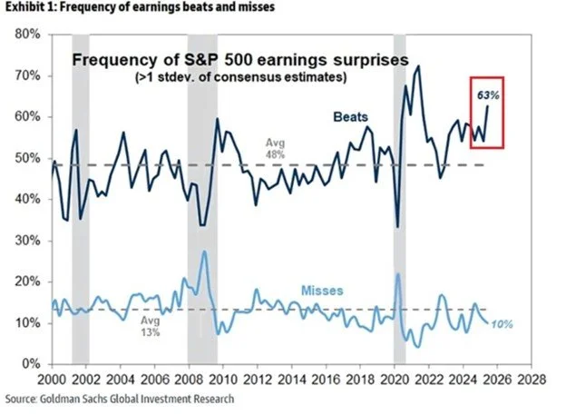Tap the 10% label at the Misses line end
[x=503, y=324]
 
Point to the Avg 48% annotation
[x=275, y=149]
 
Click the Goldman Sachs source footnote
[x=118, y=399]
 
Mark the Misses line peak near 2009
[x=205, y=251]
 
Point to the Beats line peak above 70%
[x=418, y=65]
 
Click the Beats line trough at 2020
[x=397, y=226]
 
